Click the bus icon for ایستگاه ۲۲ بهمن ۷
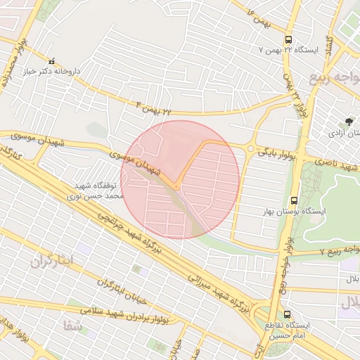(x=289, y=40)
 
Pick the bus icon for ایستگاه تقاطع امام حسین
(x=287, y=314)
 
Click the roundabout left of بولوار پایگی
(x=250, y=148)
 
